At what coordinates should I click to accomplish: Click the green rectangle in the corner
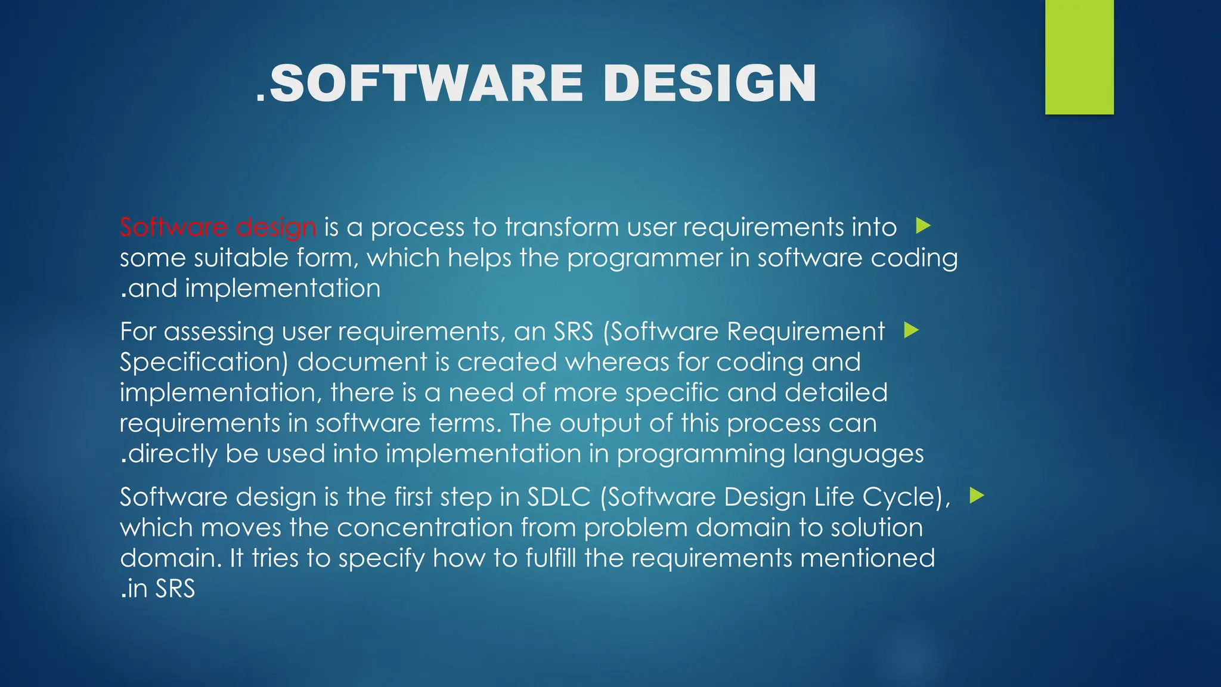[1079, 57]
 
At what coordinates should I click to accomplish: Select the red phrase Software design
[218, 227]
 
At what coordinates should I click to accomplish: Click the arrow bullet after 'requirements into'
[923, 225]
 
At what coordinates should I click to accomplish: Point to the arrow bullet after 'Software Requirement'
[911, 330]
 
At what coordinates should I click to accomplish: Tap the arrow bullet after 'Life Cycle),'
[977, 495]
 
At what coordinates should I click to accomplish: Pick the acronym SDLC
[558, 497]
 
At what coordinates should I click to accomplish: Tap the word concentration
[424, 528]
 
